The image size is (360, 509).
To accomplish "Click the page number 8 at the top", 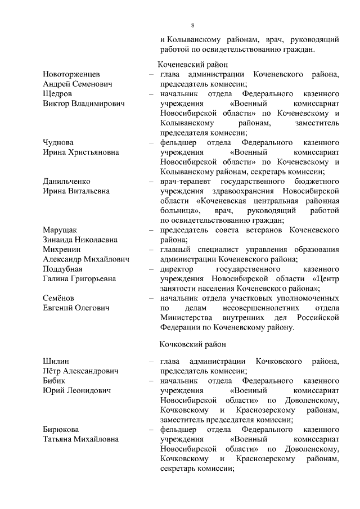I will tap(192, 25).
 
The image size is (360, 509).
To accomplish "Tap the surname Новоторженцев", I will tap(72, 74).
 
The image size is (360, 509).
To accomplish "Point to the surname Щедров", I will tap(57, 94).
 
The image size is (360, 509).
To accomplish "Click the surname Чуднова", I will tap(58, 143).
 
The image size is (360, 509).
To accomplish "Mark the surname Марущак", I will tap(60, 230).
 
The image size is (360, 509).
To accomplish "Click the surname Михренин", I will tap(62, 250).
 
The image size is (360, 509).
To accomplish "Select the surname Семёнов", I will tap(59, 298).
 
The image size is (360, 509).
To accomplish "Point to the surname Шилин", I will tap(55, 361).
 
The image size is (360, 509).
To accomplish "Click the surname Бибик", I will tap(55, 381).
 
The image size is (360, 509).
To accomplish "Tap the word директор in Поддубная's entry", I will tap(178, 269).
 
